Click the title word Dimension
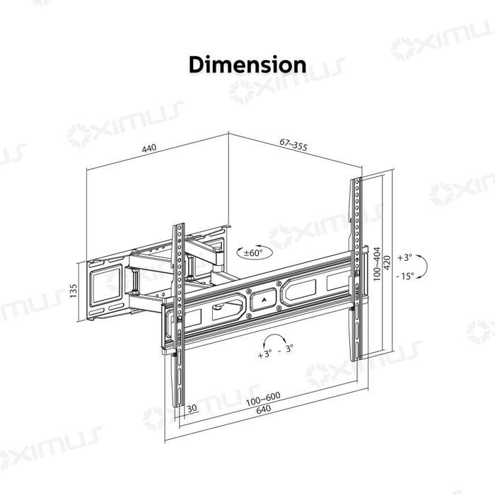248,64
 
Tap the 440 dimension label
148,149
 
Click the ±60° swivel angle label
252,252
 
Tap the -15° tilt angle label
405,276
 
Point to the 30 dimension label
192,408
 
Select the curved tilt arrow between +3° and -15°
423,267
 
